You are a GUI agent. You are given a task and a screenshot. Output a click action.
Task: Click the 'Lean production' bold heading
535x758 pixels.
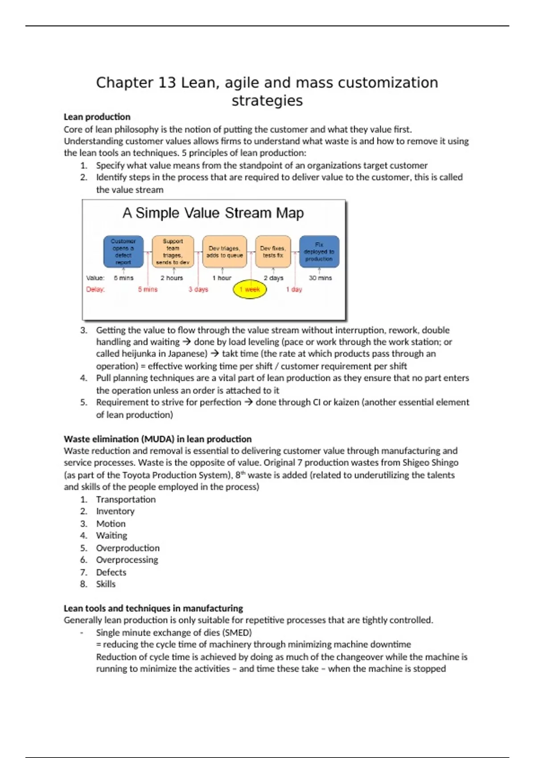[x=97, y=117]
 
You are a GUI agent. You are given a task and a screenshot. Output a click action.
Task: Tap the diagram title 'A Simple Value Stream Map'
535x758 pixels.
[x=213, y=213]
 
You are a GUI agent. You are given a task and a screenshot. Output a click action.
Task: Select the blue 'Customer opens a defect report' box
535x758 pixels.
[x=123, y=252]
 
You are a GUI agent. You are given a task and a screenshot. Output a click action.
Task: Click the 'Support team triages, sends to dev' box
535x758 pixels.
[x=173, y=252]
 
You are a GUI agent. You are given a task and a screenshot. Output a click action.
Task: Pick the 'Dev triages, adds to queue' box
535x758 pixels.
[x=225, y=252]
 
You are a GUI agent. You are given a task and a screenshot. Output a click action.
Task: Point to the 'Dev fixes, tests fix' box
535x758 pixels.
[x=273, y=252]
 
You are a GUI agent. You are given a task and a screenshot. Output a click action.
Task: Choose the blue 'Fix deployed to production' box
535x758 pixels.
[x=319, y=252]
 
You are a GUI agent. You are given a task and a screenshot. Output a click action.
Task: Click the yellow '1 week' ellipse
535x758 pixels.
[x=250, y=289]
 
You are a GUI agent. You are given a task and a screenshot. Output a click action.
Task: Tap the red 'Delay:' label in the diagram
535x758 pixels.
[x=95, y=289]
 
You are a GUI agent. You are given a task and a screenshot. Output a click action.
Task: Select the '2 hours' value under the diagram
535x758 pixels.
[x=172, y=278]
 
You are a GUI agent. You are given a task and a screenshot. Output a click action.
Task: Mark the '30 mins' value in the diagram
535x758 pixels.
[x=320, y=278]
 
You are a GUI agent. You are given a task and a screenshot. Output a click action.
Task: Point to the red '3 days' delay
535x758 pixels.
[x=198, y=289]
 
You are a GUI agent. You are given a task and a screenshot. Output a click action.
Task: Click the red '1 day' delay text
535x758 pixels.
[x=294, y=289]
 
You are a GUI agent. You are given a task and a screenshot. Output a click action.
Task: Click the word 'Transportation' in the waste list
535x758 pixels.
[x=126, y=499]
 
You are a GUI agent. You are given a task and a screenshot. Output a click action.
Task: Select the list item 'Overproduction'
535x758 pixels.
[x=128, y=548]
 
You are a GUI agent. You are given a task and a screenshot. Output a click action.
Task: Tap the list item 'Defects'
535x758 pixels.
[x=111, y=572]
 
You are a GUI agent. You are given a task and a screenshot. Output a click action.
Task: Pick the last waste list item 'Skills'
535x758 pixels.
[x=106, y=584]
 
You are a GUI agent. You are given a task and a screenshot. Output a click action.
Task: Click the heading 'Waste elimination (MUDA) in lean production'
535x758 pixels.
[x=157, y=439]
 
